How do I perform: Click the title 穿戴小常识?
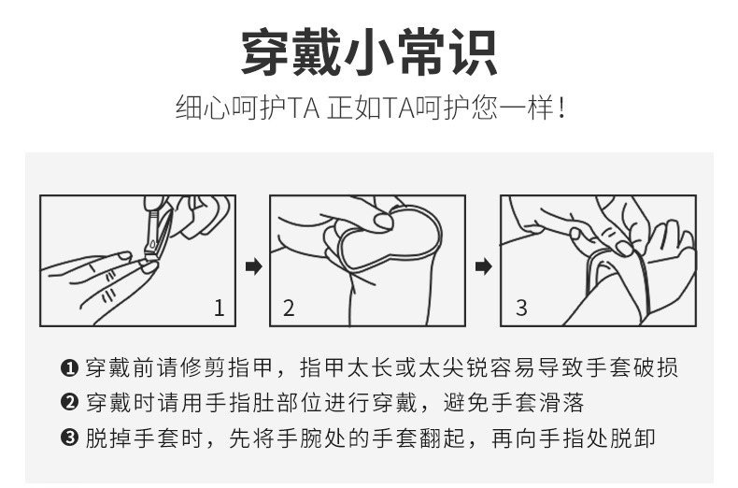[369, 52]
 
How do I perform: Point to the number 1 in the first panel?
[219, 308]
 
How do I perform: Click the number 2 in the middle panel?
[289, 308]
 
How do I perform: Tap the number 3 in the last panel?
[521, 308]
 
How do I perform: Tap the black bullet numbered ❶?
[69, 368]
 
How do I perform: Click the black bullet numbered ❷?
[69, 404]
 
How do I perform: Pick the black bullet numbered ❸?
[69, 439]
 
